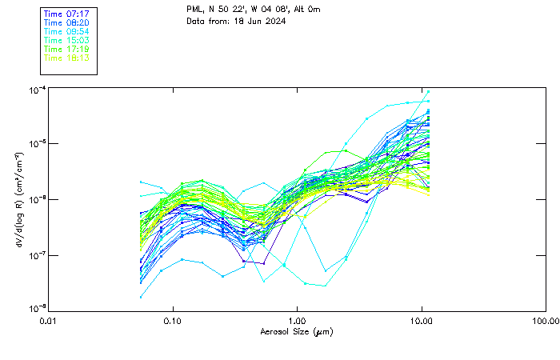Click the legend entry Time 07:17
(x=66, y=14)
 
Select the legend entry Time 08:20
(x=66, y=23)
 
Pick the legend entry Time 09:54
(x=66, y=31)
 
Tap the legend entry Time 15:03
(x=66, y=40)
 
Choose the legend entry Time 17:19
(x=66, y=49)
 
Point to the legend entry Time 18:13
(x=66, y=58)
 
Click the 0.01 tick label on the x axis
(x=48, y=321)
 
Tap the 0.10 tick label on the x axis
(x=173, y=321)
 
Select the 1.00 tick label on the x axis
(x=297, y=321)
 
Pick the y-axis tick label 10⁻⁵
(x=35, y=143)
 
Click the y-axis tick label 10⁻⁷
(x=35, y=254)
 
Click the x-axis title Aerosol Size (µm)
(x=297, y=331)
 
